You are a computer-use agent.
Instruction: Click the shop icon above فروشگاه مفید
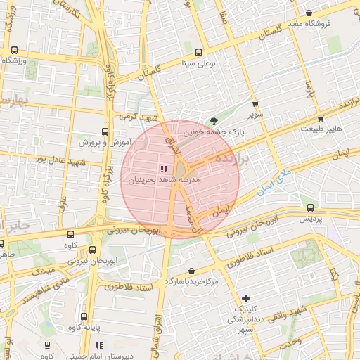tap(309, 13)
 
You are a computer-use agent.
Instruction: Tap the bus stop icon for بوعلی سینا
tap(199, 52)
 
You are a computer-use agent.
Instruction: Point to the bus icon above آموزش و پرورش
tap(105, 131)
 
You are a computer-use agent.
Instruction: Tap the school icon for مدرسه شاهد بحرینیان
tap(164, 169)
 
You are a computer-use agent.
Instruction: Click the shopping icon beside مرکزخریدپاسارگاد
tap(191, 271)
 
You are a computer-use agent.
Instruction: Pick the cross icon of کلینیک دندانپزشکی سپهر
tap(245, 299)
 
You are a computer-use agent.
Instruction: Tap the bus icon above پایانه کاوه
tap(84, 316)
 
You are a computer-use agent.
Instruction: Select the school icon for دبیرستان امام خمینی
tap(100, 345)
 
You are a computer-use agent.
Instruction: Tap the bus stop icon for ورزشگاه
tap(14, 50)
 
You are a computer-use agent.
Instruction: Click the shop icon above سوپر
tap(255, 103)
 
